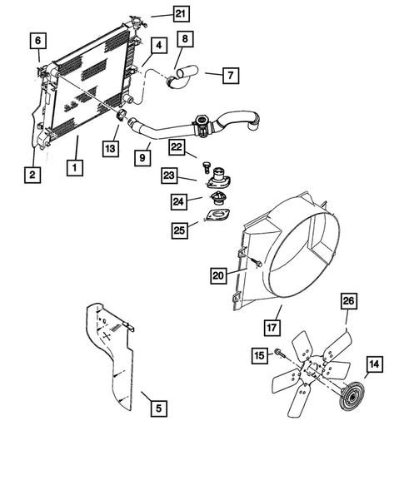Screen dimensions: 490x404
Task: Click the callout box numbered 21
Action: (181, 12)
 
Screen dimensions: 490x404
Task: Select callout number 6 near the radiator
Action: (38, 39)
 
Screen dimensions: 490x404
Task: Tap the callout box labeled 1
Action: (75, 166)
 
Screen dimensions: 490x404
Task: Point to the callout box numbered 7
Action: (229, 75)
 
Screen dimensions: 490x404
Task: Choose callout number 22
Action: (176, 146)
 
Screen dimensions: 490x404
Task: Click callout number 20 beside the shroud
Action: (218, 275)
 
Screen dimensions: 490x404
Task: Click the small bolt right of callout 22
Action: (206, 156)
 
